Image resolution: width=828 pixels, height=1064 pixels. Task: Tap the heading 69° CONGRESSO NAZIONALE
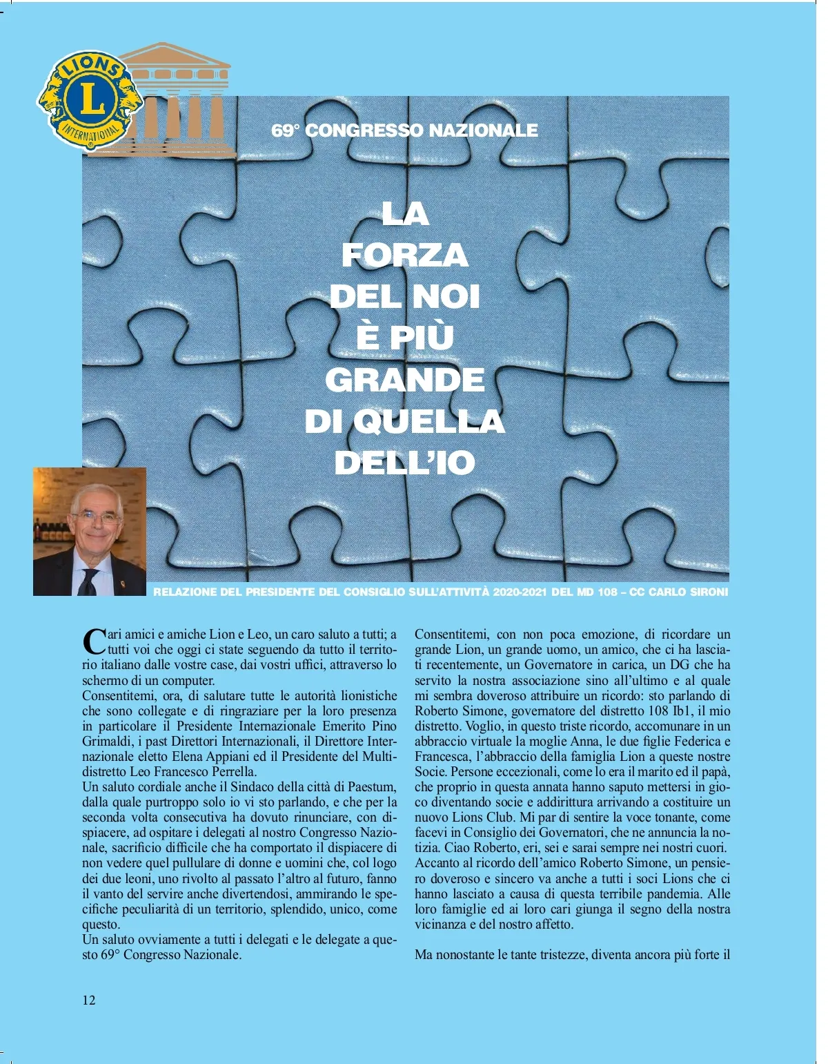pos(404,130)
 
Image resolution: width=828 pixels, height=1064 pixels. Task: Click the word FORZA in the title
pos(405,255)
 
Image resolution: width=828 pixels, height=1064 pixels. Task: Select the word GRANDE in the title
pos(405,380)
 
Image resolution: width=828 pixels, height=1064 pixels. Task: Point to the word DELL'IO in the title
pos(405,463)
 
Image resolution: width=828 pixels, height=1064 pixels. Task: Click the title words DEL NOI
pos(405,297)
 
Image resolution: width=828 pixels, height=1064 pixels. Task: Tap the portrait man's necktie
pos(88,582)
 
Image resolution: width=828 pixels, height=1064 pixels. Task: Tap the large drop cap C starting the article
pos(93,641)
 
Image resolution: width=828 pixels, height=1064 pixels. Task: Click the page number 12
pos(89,1000)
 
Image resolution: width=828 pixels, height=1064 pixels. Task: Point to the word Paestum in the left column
pos(373,787)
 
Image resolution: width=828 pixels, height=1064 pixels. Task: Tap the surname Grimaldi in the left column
pos(103,742)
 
